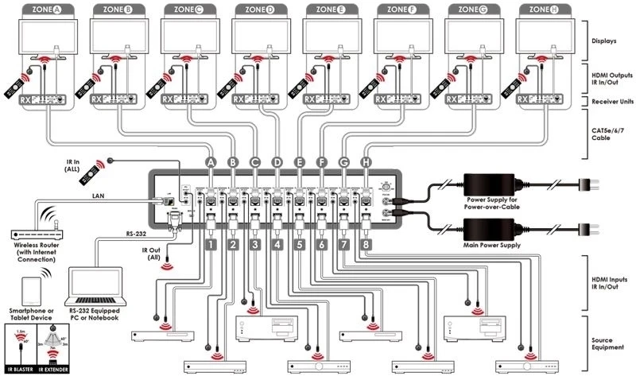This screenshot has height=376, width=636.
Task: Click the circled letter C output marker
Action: point(254,162)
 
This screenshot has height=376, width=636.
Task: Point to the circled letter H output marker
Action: point(366,162)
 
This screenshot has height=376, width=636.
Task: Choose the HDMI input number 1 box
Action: point(211,246)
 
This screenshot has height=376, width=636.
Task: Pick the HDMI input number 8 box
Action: point(366,246)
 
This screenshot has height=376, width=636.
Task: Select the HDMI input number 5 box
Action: point(299,246)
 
